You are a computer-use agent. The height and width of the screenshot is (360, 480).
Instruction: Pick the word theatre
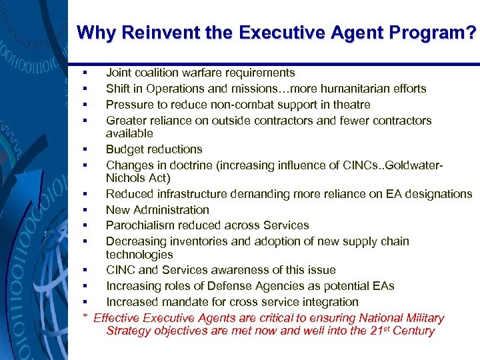tap(351, 105)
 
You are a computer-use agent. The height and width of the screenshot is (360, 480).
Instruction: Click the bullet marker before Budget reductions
tap(86, 149)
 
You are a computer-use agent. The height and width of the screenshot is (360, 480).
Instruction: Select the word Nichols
tap(126, 178)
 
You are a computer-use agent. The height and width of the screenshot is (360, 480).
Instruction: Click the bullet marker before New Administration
tap(86, 210)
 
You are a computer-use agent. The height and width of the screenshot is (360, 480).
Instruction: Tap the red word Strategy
tap(129, 331)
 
